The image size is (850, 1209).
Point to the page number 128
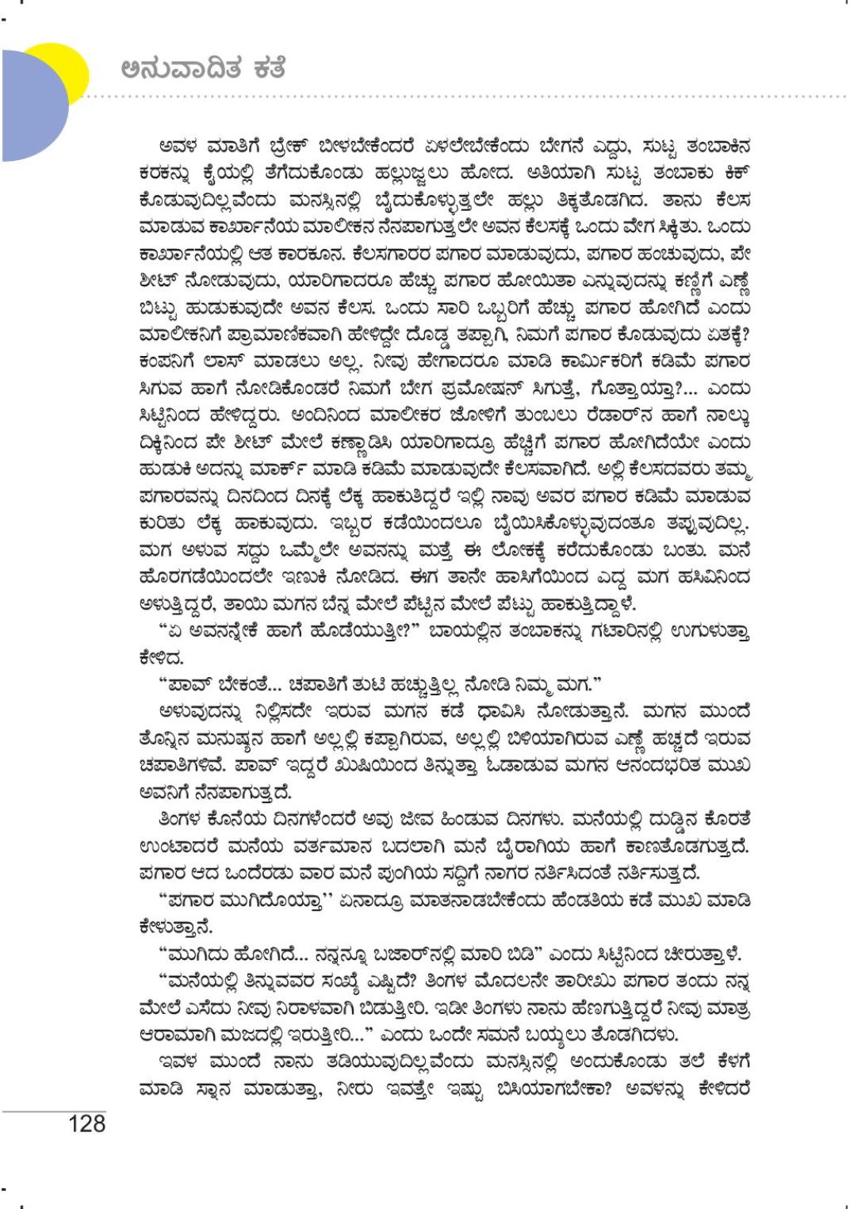click(x=87, y=1123)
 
